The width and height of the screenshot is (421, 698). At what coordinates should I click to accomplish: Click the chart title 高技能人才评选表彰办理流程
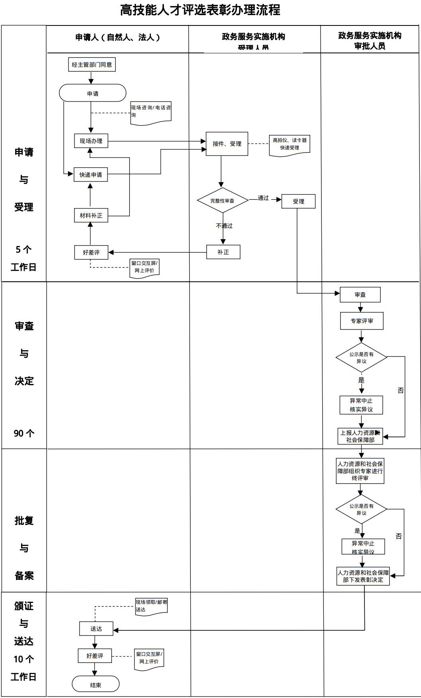coord(200,10)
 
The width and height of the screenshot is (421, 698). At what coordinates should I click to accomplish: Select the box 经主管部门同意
coord(92,65)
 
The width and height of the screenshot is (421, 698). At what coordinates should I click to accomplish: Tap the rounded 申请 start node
coord(92,94)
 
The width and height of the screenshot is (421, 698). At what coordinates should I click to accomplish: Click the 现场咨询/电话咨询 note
coord(151,112)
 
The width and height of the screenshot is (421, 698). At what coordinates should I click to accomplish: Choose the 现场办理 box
coord(91,141)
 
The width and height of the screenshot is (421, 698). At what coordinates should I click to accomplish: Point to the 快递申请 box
coord(90,175)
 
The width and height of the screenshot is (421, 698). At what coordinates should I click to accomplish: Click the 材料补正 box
coord(91,215)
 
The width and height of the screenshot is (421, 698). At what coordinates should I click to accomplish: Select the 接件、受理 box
coord(227,144)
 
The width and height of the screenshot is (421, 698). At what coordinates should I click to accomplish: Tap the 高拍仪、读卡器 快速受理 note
coord(289,144)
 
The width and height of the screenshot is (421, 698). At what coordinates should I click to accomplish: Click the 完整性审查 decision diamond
coord(222,201)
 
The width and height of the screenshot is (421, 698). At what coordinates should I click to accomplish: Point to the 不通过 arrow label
coord(224,226)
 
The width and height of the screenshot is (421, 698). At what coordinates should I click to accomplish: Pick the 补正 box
coord(223,252)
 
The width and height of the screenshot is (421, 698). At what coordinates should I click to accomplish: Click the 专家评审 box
coord(362,321)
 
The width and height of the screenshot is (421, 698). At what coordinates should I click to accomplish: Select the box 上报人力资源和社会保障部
coord(360,436)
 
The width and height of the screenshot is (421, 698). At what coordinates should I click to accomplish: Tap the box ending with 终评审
coord(360,471)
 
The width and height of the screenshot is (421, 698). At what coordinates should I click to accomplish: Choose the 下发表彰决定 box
coord(363,576)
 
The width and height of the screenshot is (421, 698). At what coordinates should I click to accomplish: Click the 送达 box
coord(96,629)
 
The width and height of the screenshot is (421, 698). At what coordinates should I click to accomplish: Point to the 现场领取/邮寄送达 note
coord(151,606)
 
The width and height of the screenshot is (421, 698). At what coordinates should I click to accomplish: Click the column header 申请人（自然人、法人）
coord(118,37)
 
